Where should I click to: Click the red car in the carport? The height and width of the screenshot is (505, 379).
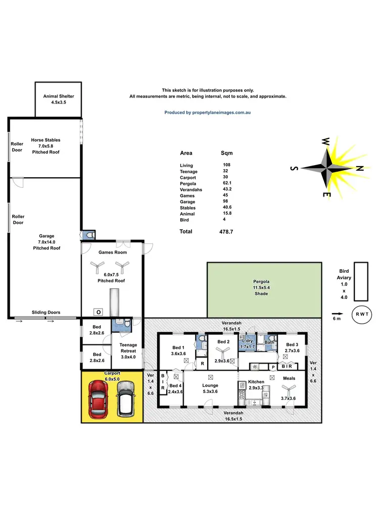click(98, 399)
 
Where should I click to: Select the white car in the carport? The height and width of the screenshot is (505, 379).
click(125, 399)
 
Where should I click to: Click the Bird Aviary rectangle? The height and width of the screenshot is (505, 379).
click(360, 281)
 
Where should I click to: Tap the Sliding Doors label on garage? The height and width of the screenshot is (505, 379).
click(46, 313)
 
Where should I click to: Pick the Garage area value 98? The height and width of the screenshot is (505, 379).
click(225, 201)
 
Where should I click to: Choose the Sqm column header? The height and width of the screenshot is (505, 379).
click(227, 153)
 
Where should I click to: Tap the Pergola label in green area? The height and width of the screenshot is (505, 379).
click(261, 281)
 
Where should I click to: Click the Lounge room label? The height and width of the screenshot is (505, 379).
click(210, 385)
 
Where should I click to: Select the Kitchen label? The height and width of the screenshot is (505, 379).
click(256, 382)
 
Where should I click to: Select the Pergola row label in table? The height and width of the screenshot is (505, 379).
click(187, 183)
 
